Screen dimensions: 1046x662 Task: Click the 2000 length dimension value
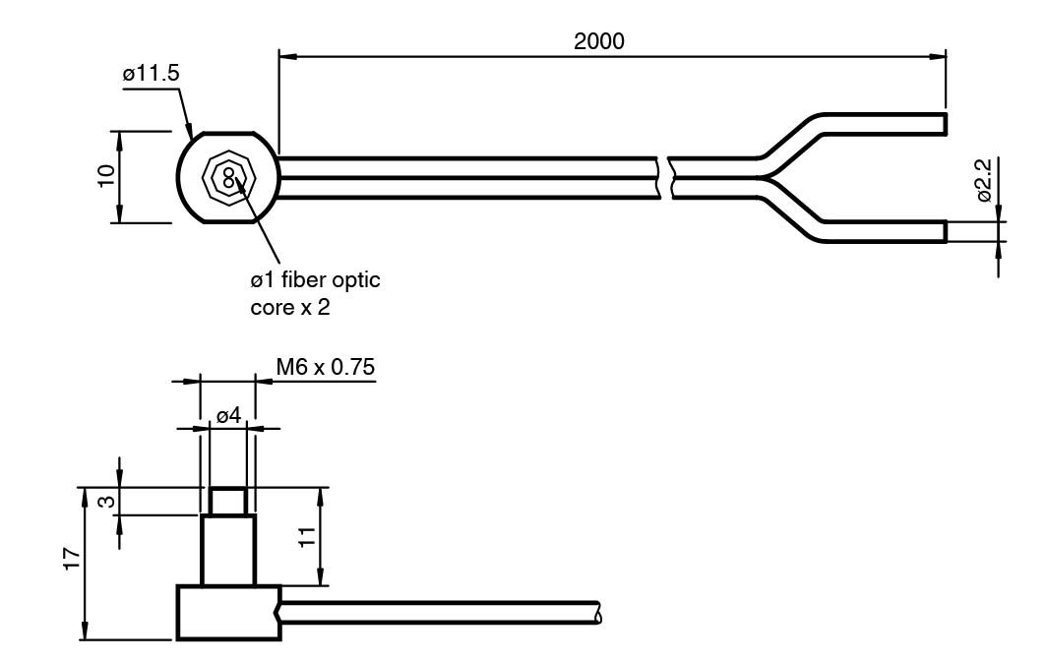(x=599, y=41)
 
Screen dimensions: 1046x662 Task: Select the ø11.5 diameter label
(x=151, y=74)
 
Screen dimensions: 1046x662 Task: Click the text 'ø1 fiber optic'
(x=315, y=279)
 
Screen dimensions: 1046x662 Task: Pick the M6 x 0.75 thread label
(x=326, y=367)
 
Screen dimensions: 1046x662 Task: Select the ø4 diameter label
(x=229, y=416)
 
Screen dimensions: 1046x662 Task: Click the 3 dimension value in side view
(x=106, y=501)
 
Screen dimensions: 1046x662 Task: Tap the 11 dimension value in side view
(x=306, y=537)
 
